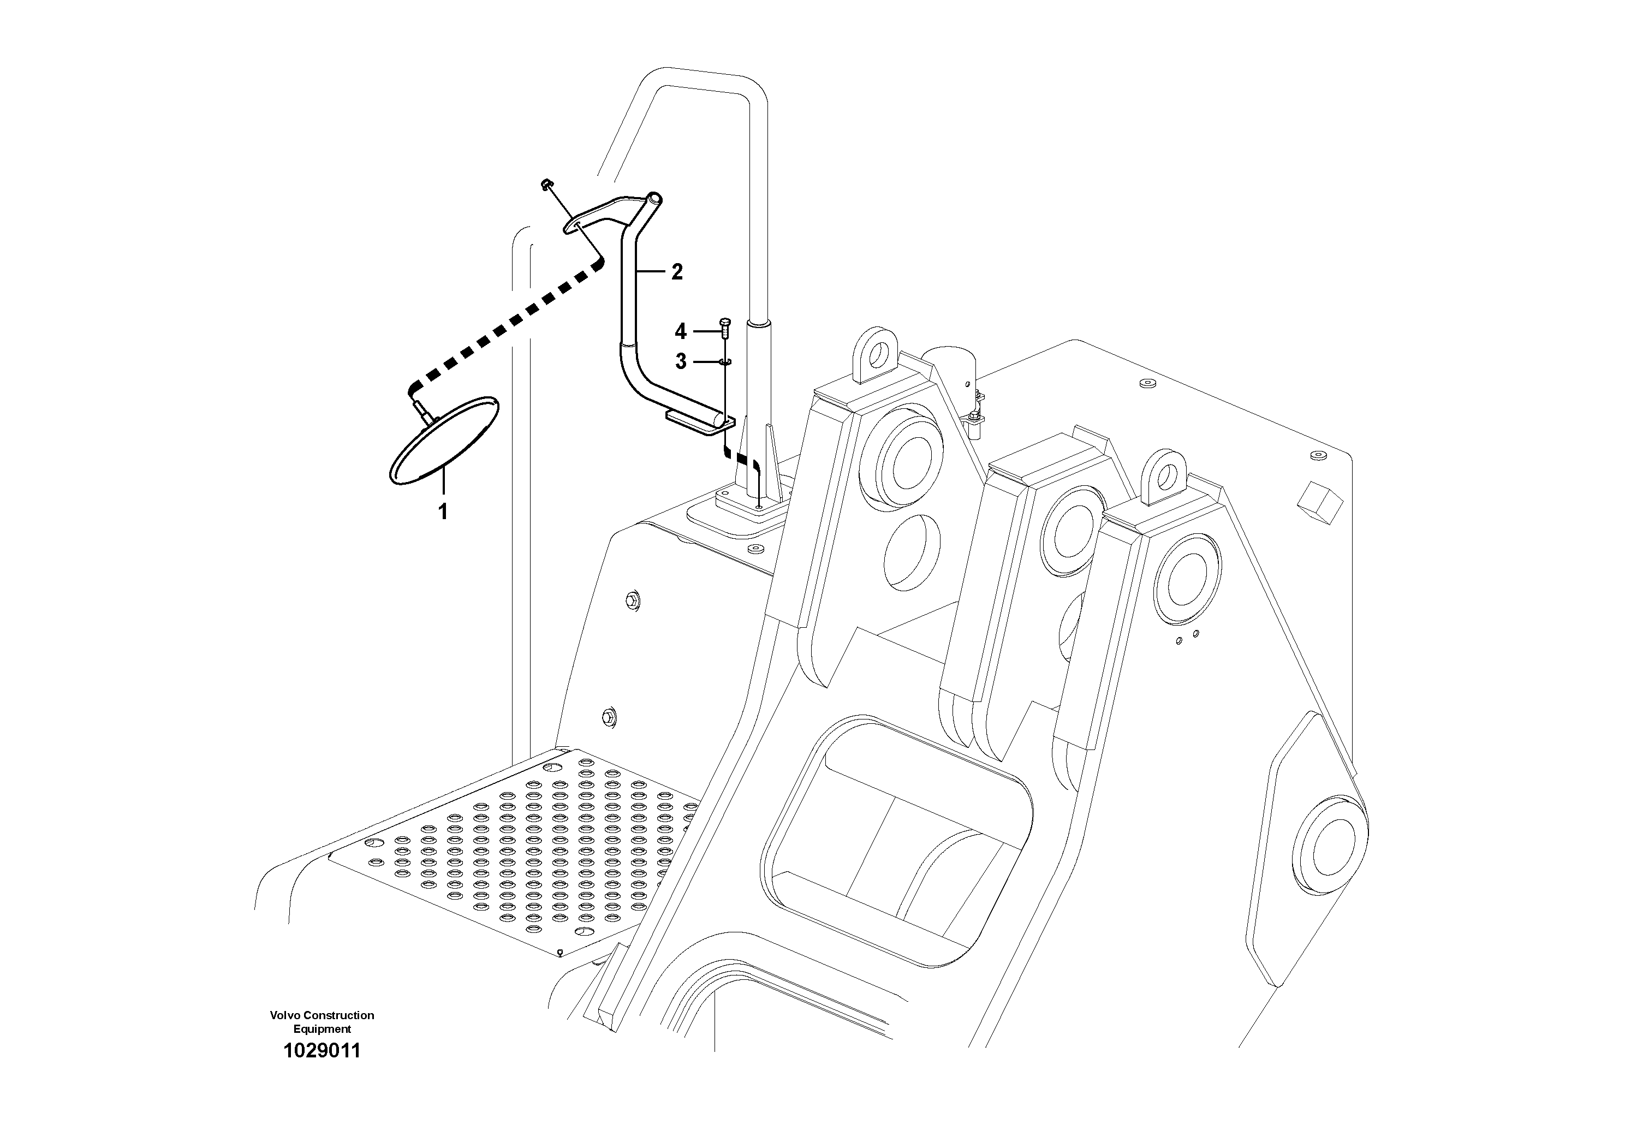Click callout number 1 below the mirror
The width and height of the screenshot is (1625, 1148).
point(443,511)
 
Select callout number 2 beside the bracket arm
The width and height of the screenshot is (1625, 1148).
point(677,272)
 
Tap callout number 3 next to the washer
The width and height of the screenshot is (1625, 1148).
point(681,362)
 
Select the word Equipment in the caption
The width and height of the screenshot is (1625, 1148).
point(322,1029)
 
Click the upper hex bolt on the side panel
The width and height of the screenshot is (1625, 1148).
point(633,601)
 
